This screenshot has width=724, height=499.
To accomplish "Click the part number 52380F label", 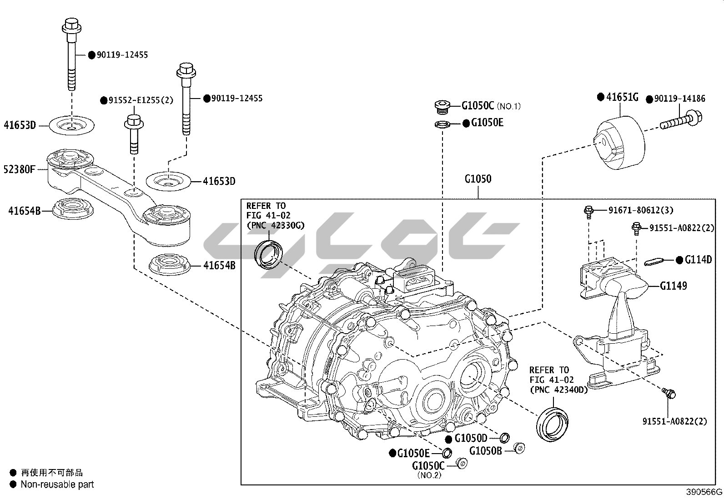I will [20, 170].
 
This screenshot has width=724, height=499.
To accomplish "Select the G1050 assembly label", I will [478, 179].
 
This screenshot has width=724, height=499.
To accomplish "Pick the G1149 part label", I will [674, 286].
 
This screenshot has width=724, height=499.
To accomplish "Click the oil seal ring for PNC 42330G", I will [269, 254].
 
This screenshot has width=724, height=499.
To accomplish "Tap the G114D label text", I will [698, 260].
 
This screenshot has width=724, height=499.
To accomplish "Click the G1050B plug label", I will [486, 451].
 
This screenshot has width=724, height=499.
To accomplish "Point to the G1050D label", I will [471, 438].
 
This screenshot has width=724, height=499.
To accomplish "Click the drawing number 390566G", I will [704, 492].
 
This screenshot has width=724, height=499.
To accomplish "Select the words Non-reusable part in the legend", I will [57, 484].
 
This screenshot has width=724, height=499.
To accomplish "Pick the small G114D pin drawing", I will [655, 261].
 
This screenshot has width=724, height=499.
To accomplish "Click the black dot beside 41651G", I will [600, 97].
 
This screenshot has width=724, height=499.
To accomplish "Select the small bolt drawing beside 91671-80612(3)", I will [588, 211].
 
